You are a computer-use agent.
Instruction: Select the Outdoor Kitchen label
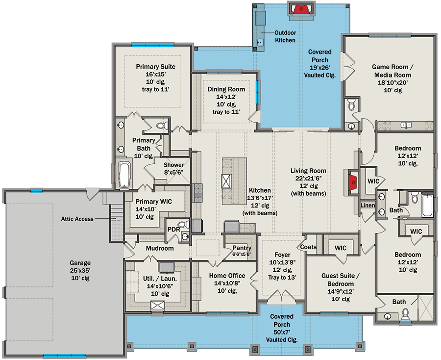[285, 37]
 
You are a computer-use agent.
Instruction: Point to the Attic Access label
[77, 219]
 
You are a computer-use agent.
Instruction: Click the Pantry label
[242, 248]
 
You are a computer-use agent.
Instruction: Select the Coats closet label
[309, 247]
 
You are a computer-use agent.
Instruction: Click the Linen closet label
[367, 205]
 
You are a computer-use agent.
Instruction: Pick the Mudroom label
[160, 249]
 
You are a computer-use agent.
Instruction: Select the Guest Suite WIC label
[341, 248]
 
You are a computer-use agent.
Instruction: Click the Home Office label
[227, 276]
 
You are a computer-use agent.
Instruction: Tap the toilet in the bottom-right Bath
[405, 315]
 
